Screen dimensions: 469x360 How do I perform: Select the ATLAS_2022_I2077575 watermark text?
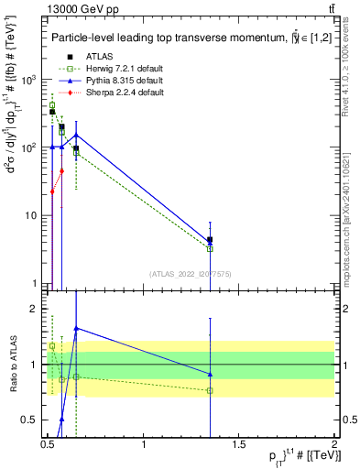point(190,273)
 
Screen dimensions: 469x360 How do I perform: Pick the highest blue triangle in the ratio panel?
point(76,328)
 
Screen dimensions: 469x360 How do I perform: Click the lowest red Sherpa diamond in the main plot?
point(52,191)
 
